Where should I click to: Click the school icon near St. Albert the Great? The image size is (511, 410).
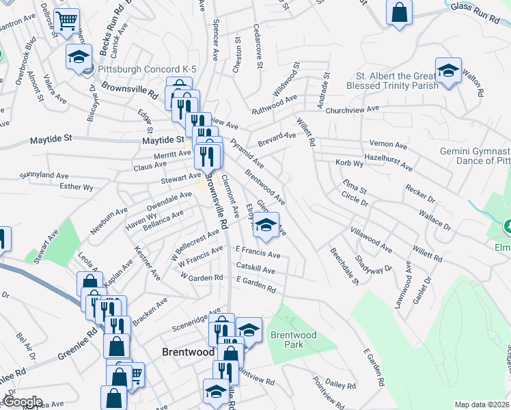(448, 70)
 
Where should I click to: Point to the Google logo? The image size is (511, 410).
(22, 402)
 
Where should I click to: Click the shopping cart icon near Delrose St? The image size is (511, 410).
(66, 20)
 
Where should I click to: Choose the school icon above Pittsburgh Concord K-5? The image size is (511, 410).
(79, 56)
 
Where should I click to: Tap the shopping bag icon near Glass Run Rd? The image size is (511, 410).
(400, 12)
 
